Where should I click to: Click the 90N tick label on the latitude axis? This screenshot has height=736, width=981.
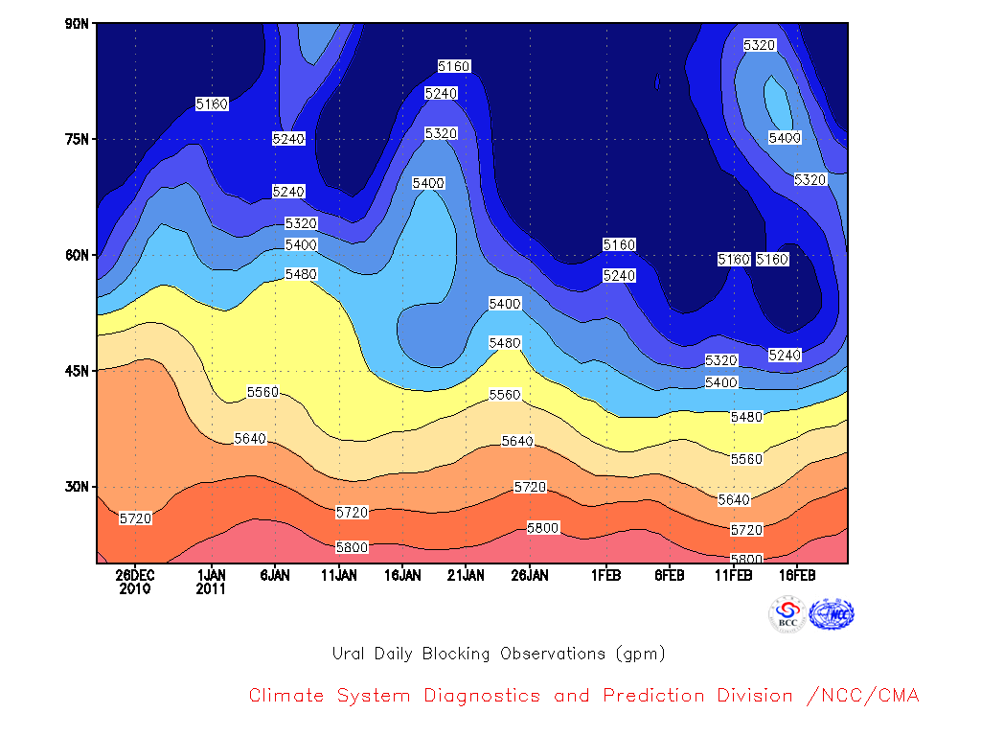tap(77, 24)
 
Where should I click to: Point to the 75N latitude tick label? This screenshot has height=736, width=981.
tap(77, 139)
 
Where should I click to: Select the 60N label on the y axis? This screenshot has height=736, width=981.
tap(77, 255)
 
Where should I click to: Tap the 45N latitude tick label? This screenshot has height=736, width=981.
tap(77, 371)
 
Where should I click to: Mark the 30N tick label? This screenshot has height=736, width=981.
tap(77, 486)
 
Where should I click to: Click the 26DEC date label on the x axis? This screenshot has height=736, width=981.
tap(134, 575)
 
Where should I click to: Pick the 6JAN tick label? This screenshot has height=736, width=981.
tap(275, 575)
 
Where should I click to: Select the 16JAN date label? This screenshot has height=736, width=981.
tap(402, 575)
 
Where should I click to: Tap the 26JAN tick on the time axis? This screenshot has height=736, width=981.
tap(530, 575)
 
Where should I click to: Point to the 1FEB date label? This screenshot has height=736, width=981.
tap(606, 575)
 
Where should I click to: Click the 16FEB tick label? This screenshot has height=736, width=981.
tap(797, 575)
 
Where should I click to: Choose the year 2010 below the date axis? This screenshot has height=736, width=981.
tap(134, 589)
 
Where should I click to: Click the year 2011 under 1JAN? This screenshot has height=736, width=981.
tap(211, 589)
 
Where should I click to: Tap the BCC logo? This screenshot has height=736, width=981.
tap(787, 614)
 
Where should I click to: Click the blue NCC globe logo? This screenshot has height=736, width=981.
tap(832, 614)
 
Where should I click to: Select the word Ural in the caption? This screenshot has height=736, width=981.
tap(347, 654)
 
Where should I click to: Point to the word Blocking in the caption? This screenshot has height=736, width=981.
tap(456, 654)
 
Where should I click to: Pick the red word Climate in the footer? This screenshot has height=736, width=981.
tap(285, 696)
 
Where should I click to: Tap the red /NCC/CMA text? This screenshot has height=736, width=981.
tap(863, 696)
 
